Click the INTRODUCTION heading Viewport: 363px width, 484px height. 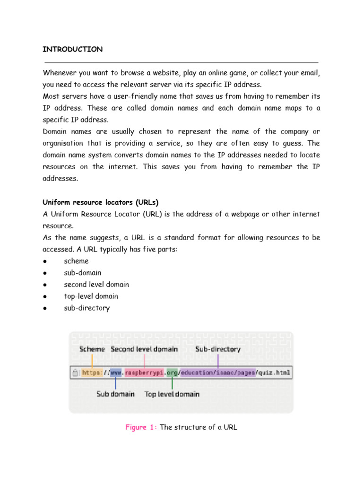click(73, 49)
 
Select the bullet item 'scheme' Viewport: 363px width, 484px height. click(76, 261)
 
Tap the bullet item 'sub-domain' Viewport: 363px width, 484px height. click(82, 273)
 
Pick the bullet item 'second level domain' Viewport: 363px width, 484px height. click(96, 285)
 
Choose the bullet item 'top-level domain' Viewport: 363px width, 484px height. click(91, 296)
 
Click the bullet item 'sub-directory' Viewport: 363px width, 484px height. click(86, 308)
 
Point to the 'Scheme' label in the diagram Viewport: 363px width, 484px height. click(93, 349)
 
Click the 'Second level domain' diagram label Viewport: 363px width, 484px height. click(144, 349)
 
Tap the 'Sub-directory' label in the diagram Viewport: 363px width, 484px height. click(218, 349)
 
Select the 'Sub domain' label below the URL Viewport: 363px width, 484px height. click(115, 394)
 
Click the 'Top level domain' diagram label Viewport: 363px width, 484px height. click(172, 394)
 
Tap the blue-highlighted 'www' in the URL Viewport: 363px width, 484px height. click(116, 372)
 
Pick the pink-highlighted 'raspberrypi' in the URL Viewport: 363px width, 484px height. click(144, 372)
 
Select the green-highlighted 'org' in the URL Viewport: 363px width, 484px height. click(172, 372)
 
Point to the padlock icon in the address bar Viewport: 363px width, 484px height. click(75, 372)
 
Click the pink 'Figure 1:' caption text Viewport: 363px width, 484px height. click(141, 427)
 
